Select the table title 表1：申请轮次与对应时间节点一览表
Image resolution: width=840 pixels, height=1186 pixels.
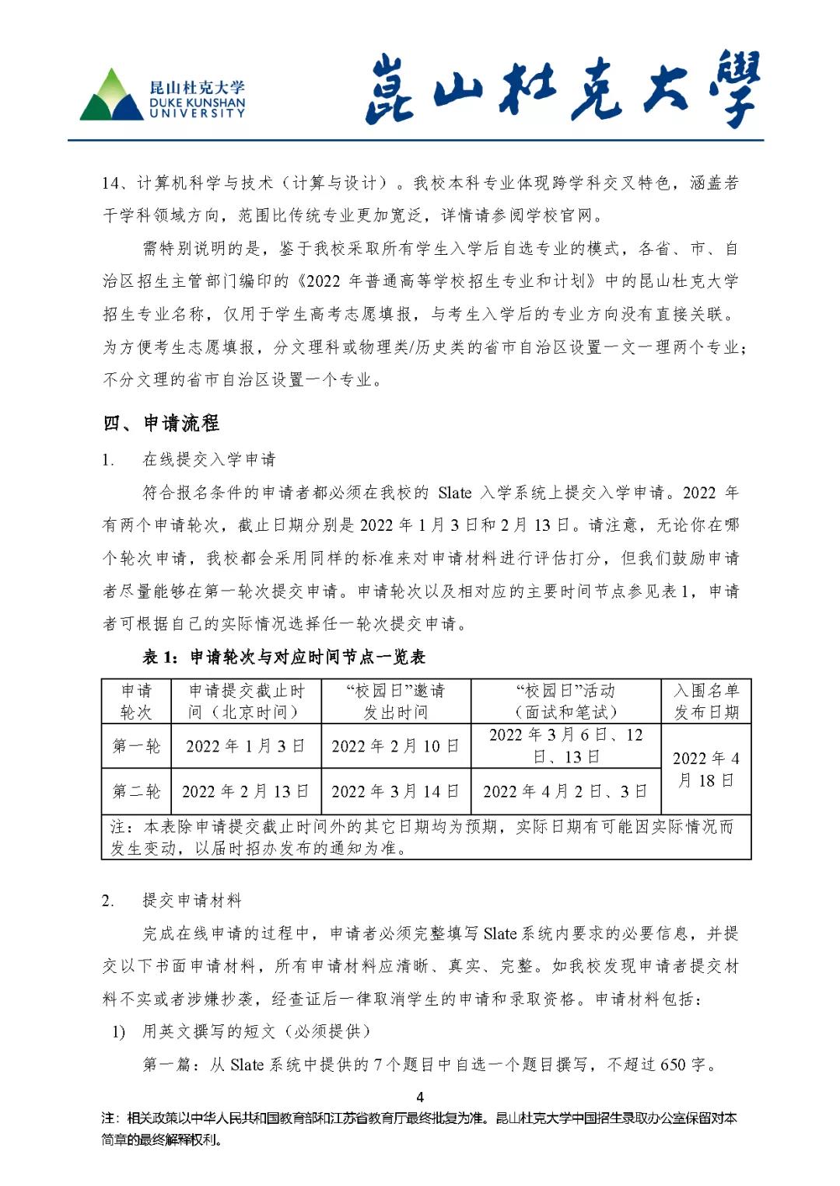coord(284,658)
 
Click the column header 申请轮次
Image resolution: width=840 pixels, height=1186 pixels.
coord(136,701)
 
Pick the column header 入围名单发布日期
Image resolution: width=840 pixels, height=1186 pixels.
coord(705,701)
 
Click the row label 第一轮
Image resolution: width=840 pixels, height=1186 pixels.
coord(136,746)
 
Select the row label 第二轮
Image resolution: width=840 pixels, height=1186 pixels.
coord(136,791)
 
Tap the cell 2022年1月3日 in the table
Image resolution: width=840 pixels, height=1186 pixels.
coord(245,746)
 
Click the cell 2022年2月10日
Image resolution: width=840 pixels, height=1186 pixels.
coord(395,746)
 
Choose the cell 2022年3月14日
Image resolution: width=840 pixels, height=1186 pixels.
coord(395,791)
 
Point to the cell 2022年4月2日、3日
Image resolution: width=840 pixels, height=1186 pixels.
coord(565,791)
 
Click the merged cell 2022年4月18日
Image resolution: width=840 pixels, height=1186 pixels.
coord(705,769)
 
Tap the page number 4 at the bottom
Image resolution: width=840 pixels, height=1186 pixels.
coord(420,1097)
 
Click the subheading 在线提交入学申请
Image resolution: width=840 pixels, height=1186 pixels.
coord(208,459)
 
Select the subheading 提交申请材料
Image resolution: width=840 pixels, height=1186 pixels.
coord(191,901)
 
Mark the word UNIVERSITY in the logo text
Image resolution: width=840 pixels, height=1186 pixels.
coord(197,113)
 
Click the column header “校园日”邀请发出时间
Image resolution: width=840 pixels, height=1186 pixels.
coord(395,701)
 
